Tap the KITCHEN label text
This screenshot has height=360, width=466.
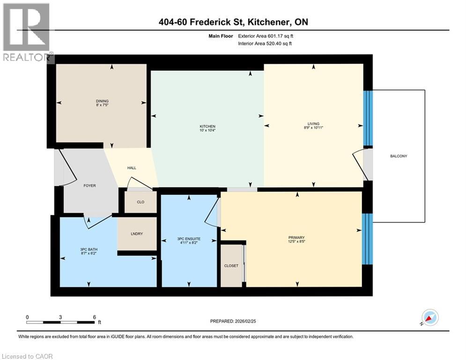coord(207,127)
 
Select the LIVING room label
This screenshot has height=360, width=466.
coord(314,124)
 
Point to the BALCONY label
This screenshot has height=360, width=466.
coord(398,156)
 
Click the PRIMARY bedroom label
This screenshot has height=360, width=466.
coord(296,238)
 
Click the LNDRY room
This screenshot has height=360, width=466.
coord(136,233)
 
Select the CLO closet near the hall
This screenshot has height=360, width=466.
coord(140,202)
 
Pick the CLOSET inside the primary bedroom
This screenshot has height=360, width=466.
coord(231,266)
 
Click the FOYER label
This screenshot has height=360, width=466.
coord(89,186)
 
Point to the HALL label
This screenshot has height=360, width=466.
coord(132,168)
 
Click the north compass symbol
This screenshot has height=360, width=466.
coord(429,318)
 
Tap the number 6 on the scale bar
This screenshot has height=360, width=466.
coord(94,317)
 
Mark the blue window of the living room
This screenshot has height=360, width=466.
coord(368,117)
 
